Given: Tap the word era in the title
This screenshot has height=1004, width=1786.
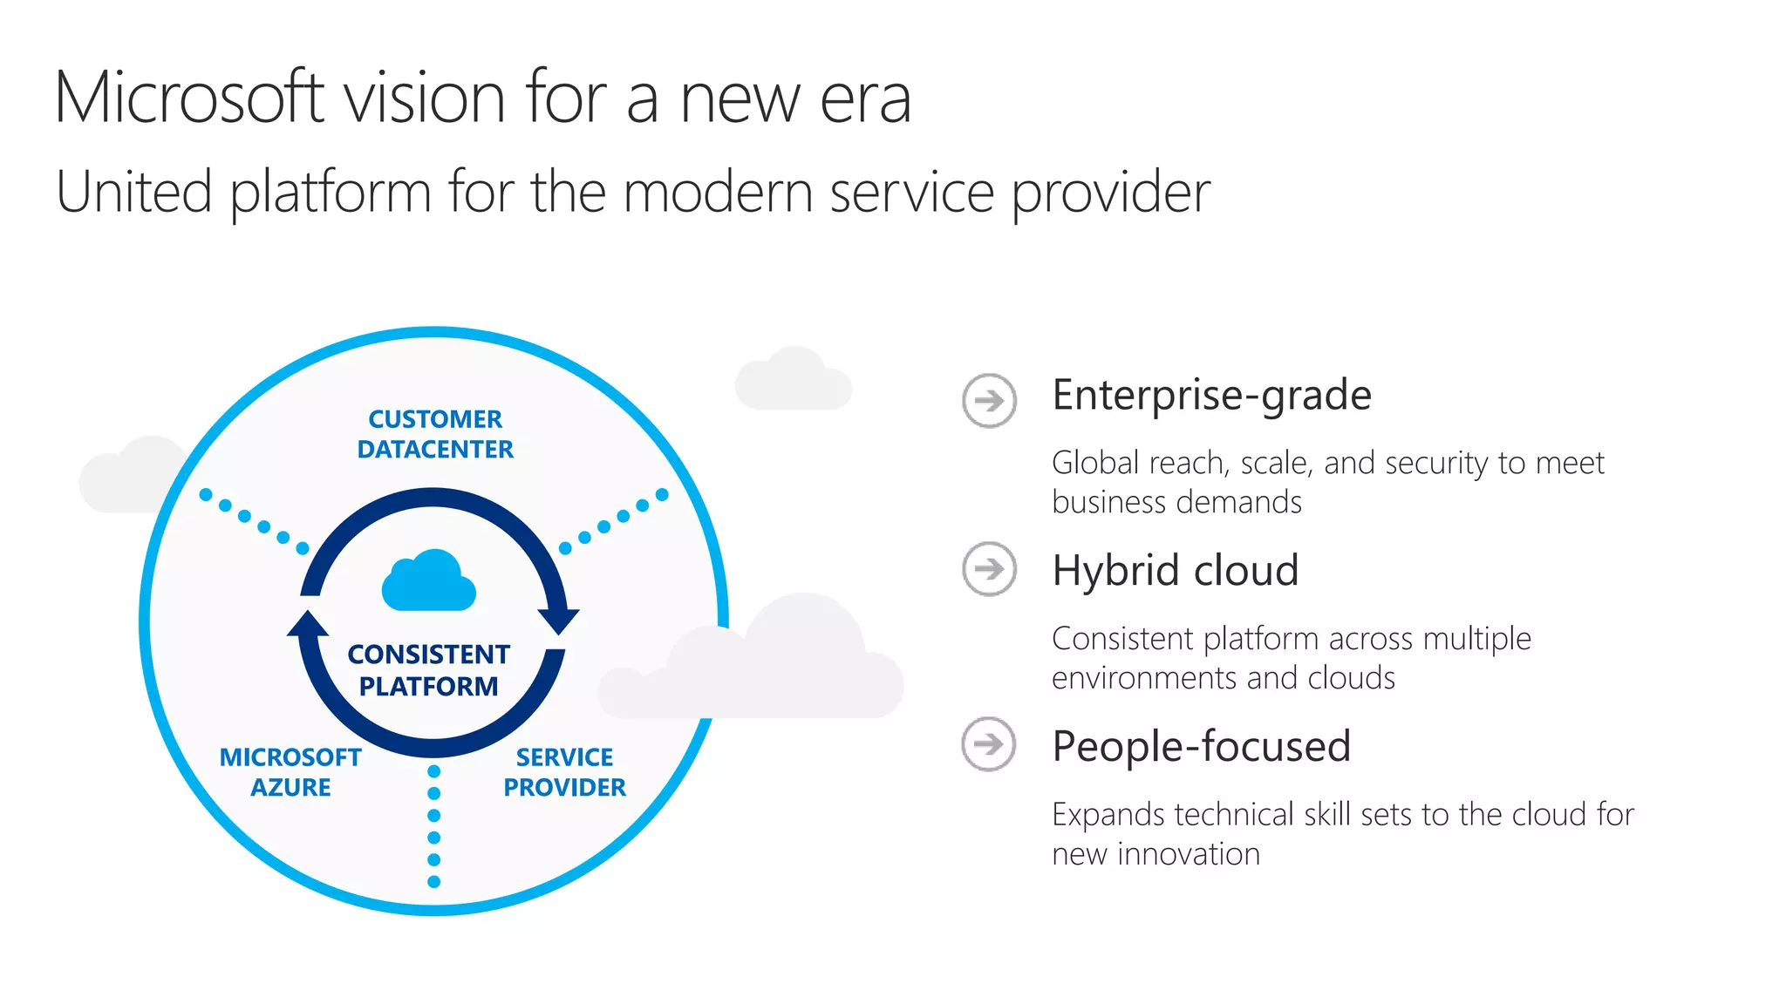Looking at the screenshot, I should [865, 99].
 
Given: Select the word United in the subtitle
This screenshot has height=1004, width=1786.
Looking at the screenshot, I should [133, 192].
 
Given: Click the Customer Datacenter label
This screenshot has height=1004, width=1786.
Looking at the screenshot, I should [435, 434].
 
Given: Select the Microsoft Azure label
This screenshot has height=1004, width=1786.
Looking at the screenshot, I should [290, 772].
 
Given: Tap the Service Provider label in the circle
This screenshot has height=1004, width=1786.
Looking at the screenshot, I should [564, 772].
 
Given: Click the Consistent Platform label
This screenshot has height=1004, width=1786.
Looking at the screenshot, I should [428, 670].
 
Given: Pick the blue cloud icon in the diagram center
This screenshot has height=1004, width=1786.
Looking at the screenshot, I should [429, 581].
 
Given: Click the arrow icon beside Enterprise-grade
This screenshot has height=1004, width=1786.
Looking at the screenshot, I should [989, 401].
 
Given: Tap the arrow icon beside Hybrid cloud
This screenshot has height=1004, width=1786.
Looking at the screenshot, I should [989, 569].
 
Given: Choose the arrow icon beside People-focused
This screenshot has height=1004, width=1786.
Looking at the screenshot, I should [989, 744].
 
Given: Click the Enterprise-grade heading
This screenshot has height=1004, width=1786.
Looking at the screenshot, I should [1211, 396].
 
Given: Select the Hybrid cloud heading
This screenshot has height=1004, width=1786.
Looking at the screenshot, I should [1175, 571].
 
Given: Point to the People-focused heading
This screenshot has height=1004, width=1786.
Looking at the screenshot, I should [1201, 747].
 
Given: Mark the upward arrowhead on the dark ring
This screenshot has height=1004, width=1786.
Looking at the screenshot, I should [308, 624].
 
